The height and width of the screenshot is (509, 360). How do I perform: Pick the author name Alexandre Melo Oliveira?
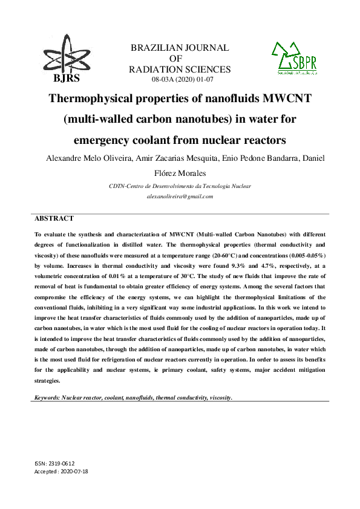82,158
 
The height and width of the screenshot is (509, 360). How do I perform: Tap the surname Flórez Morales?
180,173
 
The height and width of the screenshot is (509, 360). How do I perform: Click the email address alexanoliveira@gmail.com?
180,196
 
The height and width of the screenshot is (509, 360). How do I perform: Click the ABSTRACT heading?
54,218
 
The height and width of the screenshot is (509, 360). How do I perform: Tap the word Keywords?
47,398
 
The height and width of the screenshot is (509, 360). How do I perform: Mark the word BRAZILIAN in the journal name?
157,48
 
